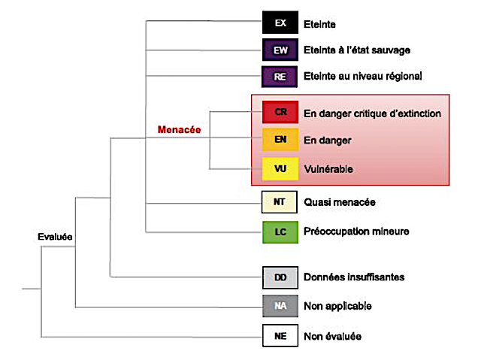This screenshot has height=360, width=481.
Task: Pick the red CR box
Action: tap(280, 113)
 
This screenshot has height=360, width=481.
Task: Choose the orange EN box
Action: tap(280, 141)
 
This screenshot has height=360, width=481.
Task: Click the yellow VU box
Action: tap(280, 169)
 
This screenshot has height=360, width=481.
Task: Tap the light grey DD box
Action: tap(280, 277)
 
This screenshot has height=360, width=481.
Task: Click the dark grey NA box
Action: tap(280, 306)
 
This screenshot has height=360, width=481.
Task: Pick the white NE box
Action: tap(280, 336)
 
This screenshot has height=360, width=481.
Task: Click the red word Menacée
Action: tap(179, 129)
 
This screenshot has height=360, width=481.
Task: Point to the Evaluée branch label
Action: tap(55, 237)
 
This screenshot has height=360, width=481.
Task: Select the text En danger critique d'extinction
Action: tap(372, 113)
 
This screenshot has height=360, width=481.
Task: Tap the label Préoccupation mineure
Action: tap(356, 231)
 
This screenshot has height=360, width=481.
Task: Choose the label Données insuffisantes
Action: tap(354, 277)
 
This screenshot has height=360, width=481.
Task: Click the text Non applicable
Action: tap(337, 306)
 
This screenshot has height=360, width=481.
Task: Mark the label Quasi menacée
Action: tap(339, 202)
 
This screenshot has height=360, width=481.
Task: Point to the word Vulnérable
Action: tap(328, 169)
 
